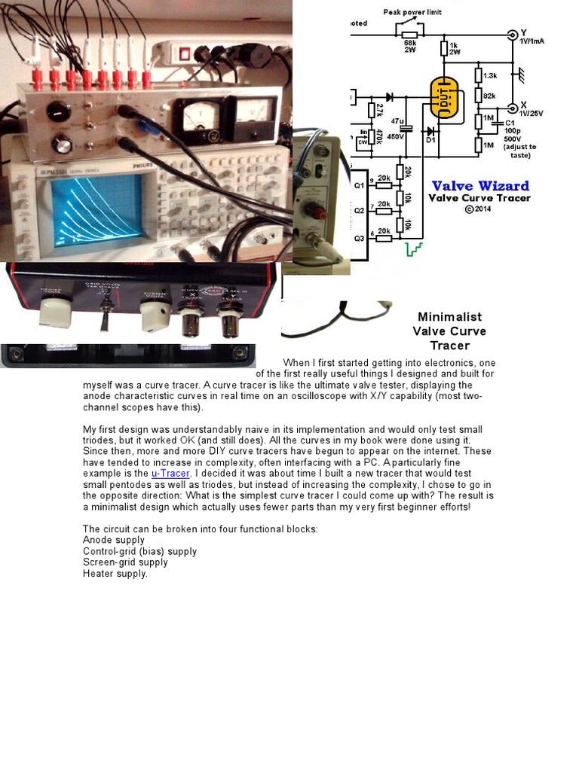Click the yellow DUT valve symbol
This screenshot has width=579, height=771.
pyautogui.click(x=448, y=100)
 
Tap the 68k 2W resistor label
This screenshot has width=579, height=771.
pyautogui.click(x=410, y=47)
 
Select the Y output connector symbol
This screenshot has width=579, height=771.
pyautogui.click(x=513, y=34)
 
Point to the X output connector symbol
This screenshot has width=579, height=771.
pyautogui.click(x=513, y=108)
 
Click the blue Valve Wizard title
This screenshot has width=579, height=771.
pyautogui.click(x=480, y=186)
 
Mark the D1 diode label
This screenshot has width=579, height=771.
pyautogui.click(x=430, y=139)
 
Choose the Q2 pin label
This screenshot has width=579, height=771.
pyautogui.click(x=359, y=210)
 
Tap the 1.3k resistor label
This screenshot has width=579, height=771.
pyautogui.click(x=490, y=75)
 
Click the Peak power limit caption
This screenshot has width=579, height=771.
pyautogui.click(x=412, y=12)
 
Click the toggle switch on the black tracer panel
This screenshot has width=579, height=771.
pyautogui.click(x=103, y=315)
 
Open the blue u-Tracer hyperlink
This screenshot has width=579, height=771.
pyautogui.click(x=170, y=474)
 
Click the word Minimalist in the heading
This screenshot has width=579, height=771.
pyautogui.click(x=449, y=317)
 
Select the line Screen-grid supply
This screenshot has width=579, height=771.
pyautogui.click(x=125, y=562)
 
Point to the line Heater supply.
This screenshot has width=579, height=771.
pyautogui.click(x=115, y=574)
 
